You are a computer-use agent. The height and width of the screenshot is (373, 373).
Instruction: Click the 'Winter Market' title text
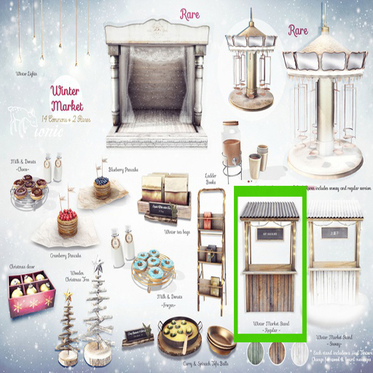[68, 98]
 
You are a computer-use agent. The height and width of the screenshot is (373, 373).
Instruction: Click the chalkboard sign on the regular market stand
[270, 236]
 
